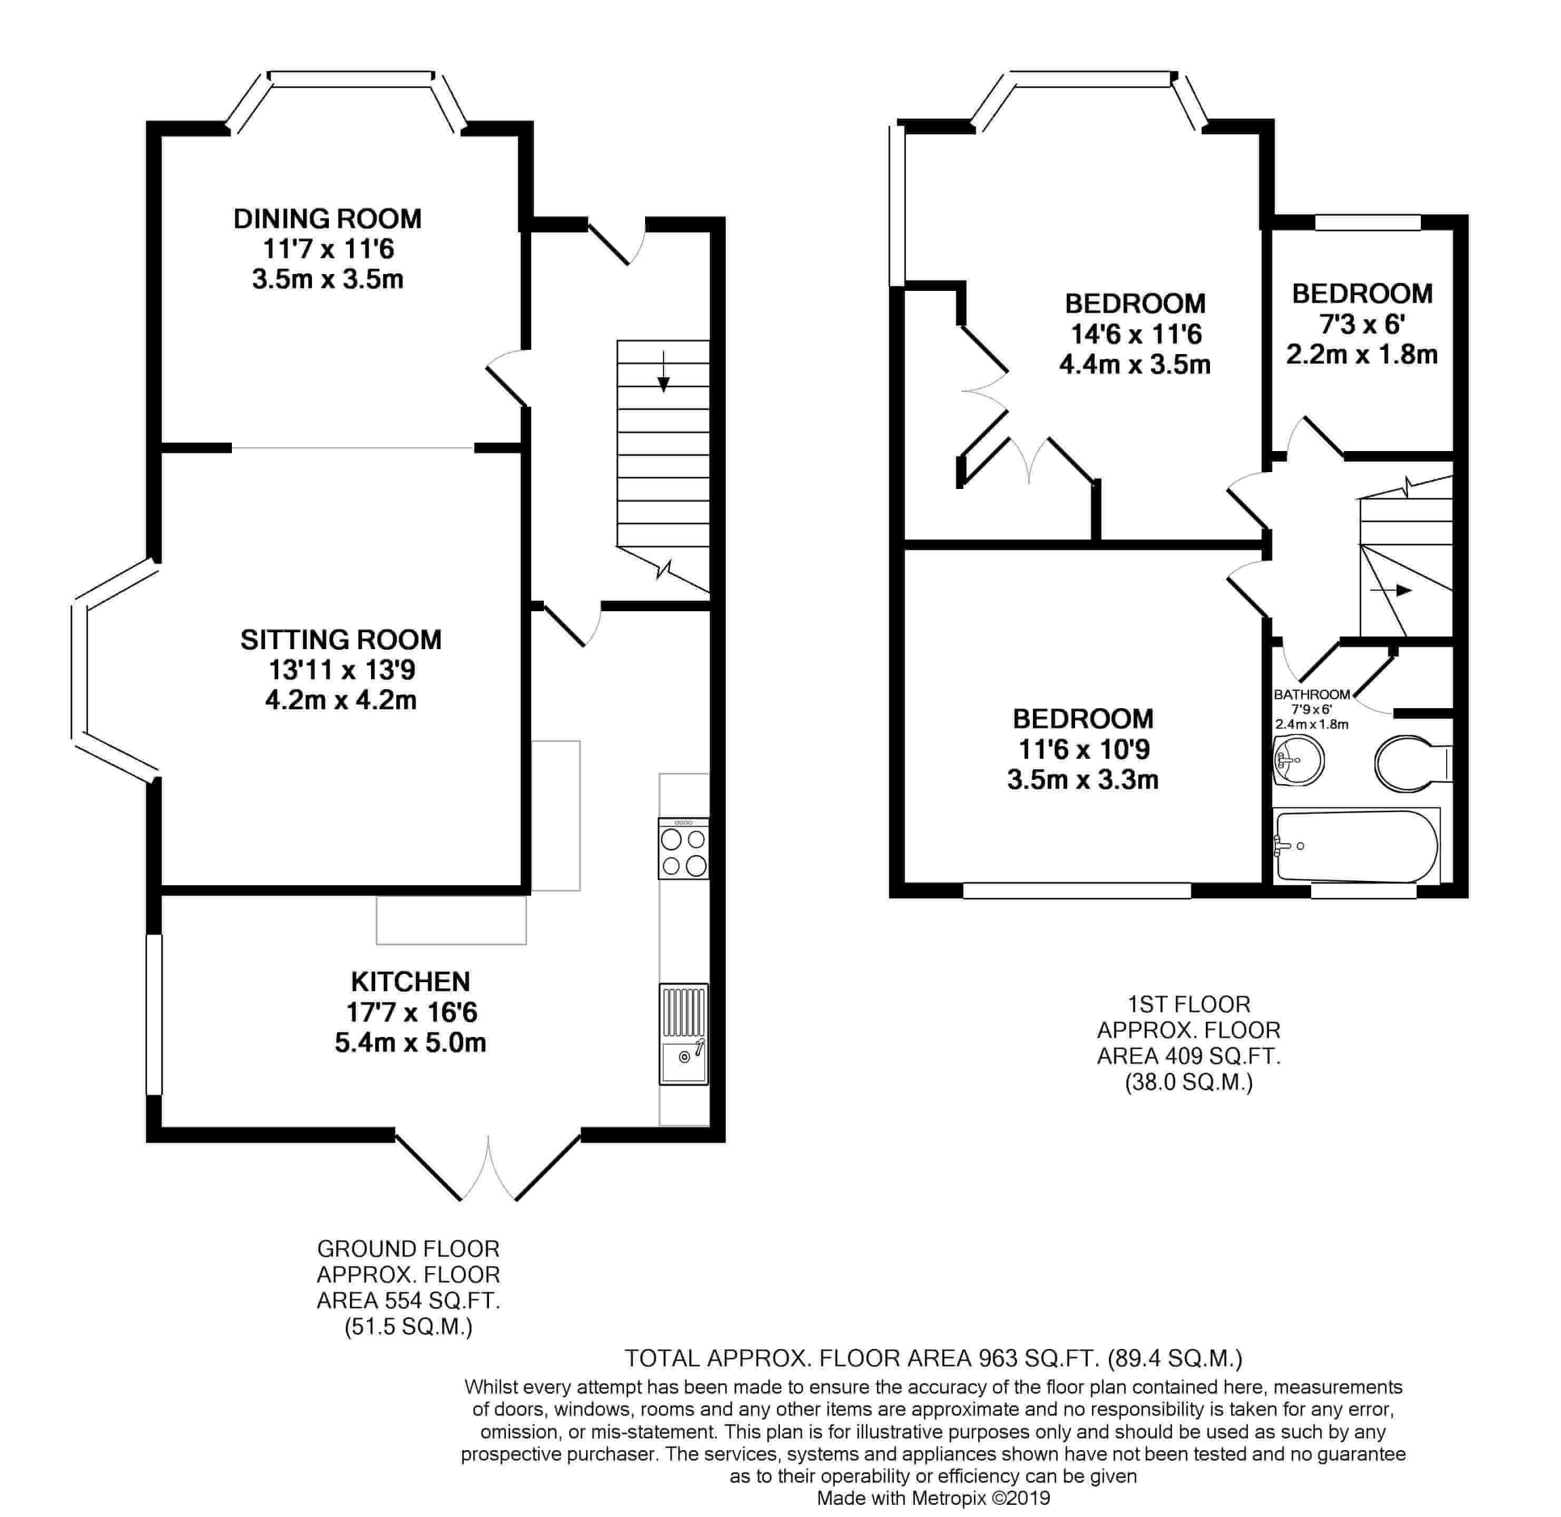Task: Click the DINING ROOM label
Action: [327, 218]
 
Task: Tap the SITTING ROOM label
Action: [341, 639]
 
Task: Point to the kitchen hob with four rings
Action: [683, 848]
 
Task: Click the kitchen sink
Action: [683, 1034]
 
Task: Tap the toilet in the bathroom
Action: [1413, 764]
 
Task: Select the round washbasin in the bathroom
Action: [1298, 760]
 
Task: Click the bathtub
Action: [1356, 846]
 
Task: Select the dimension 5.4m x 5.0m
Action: [411, 1042]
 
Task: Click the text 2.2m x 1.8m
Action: [1362, 355]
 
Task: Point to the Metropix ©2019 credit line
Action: [934, 1499]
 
